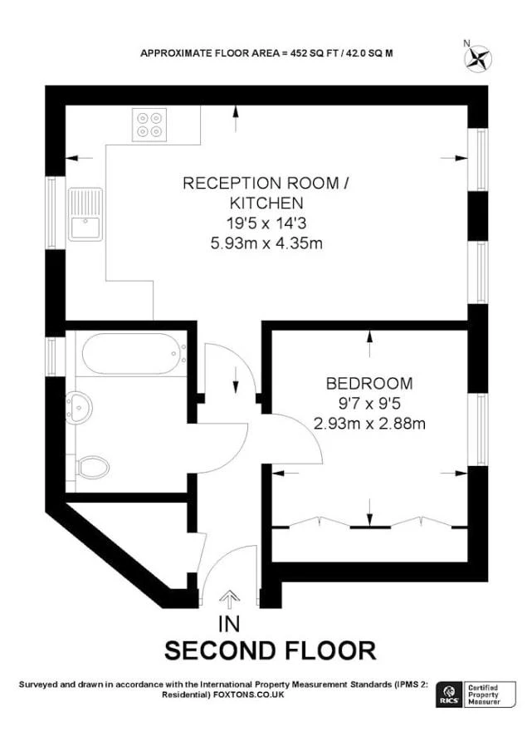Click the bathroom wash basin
[80, 407]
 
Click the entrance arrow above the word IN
[230, 598]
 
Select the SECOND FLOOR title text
[270, 650]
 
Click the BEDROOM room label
[369, 384]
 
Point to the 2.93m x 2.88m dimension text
[369, 424]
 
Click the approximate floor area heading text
[266, 53]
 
